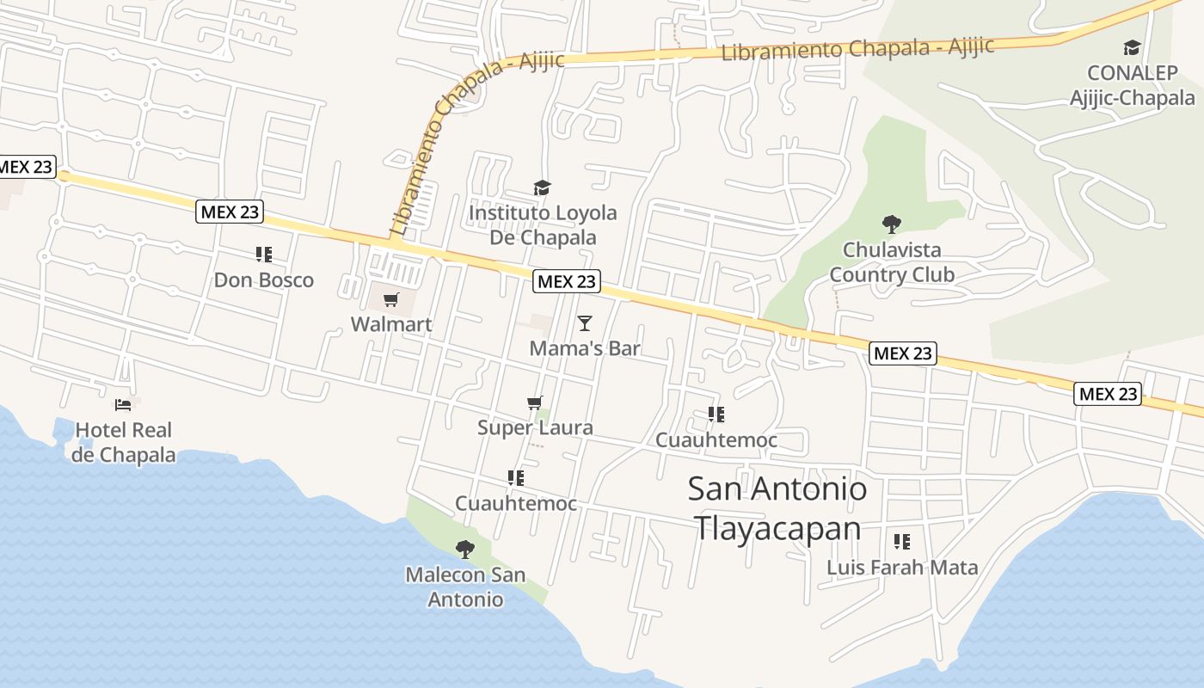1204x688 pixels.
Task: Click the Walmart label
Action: tap(391, 324)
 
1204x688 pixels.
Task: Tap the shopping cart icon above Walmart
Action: tap(391, 299)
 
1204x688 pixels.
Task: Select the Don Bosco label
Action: tap(264, 279)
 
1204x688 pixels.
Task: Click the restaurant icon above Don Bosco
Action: tap(264, 255)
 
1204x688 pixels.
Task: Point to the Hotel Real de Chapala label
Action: tap(124, 442)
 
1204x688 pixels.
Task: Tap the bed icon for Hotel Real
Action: tap(124, 404)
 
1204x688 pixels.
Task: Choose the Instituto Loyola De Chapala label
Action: tap(543, 224)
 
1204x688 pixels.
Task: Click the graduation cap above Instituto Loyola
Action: tap(542, 187)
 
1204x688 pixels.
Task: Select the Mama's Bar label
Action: tap(585, 348)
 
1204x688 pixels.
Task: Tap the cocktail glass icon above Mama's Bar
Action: tap(585, 323)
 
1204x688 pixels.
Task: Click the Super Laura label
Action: tap(535, 427)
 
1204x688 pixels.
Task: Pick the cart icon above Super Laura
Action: tap(535, 402)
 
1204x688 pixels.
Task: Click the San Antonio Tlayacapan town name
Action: tap(777, 508)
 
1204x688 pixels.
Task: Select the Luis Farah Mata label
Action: tap(902, 568)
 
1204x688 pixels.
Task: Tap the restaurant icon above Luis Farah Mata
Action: tap(901, 542)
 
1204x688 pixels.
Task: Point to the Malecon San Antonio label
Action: tap(465, 587)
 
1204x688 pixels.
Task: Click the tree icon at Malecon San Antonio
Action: tap(465, 549)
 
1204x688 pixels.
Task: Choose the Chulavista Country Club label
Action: tap(892, 262)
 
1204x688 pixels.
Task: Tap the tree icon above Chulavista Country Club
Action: tap(892, 224)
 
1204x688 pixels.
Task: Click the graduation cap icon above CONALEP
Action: tap(1132, 47)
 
